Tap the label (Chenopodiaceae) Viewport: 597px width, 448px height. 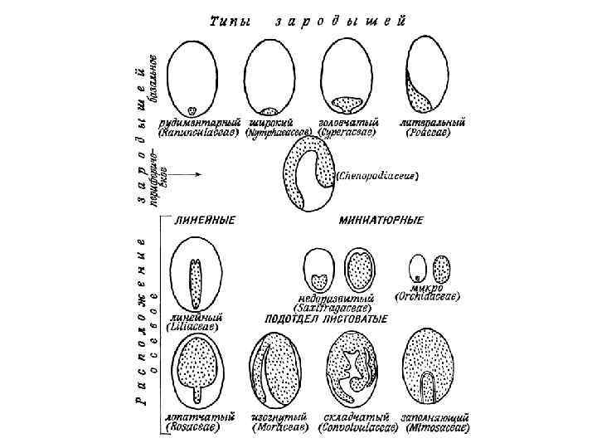380,176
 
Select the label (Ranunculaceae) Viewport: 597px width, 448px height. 198,131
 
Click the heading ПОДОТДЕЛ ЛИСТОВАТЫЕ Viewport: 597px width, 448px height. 328,319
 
